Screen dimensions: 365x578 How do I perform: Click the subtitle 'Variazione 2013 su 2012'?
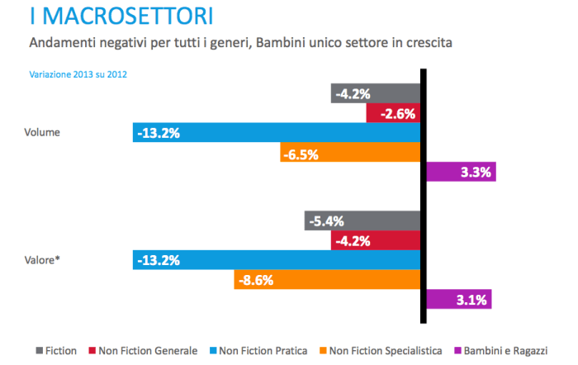coord(78,74)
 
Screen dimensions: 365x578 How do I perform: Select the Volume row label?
coord(43,132)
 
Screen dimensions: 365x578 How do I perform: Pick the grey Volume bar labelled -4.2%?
coord(376,92)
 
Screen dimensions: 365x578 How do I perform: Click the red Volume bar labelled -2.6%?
coord(394,112)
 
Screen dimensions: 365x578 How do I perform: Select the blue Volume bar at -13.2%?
coord(276,132)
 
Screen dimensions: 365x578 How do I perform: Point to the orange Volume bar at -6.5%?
coord(350,152)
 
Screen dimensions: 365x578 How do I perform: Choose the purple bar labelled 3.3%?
coord(461,172)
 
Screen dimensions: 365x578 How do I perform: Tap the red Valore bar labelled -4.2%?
coord(376,240)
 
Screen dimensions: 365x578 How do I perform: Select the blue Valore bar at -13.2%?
coord(276,260)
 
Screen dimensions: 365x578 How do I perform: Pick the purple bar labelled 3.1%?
coord(459,299)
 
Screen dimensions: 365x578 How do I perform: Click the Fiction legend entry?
coord(57,351)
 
